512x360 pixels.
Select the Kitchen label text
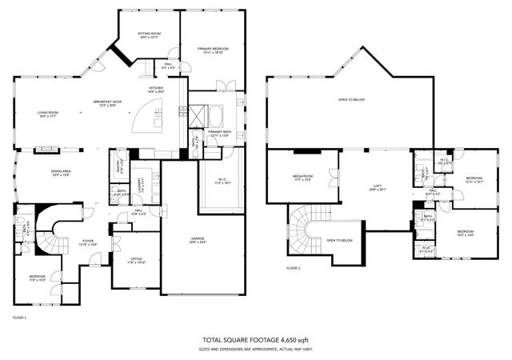tap(156, 90)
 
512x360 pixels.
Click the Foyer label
tap(87, 241)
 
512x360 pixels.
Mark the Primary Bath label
tap(219, 134)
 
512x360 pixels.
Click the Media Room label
tap(302, 178)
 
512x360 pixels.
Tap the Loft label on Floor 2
tap(376, 187)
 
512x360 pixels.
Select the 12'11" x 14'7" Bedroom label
tap(475, 179)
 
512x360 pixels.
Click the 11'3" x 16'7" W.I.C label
tap(222, 181)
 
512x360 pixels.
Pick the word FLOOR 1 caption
tap(19, 318)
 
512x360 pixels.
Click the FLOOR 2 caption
tap(293, 267)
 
